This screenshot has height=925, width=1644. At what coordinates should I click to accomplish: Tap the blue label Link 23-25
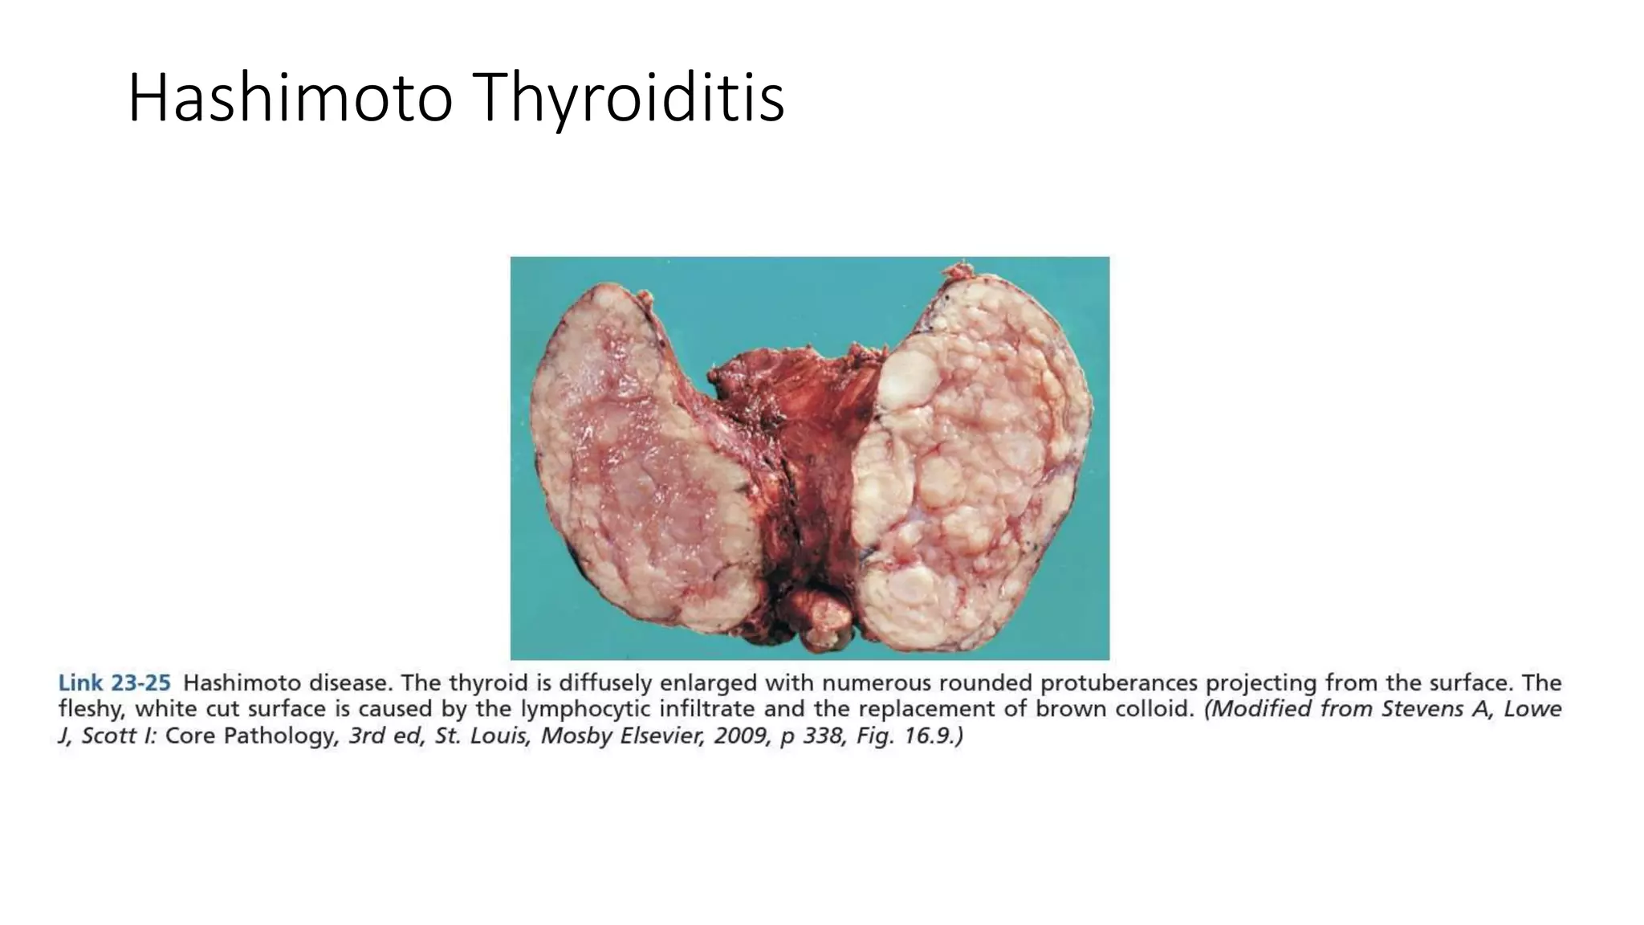114,683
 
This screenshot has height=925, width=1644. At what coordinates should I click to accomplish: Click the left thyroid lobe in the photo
642,466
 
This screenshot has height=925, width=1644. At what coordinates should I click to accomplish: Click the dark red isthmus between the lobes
811,450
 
